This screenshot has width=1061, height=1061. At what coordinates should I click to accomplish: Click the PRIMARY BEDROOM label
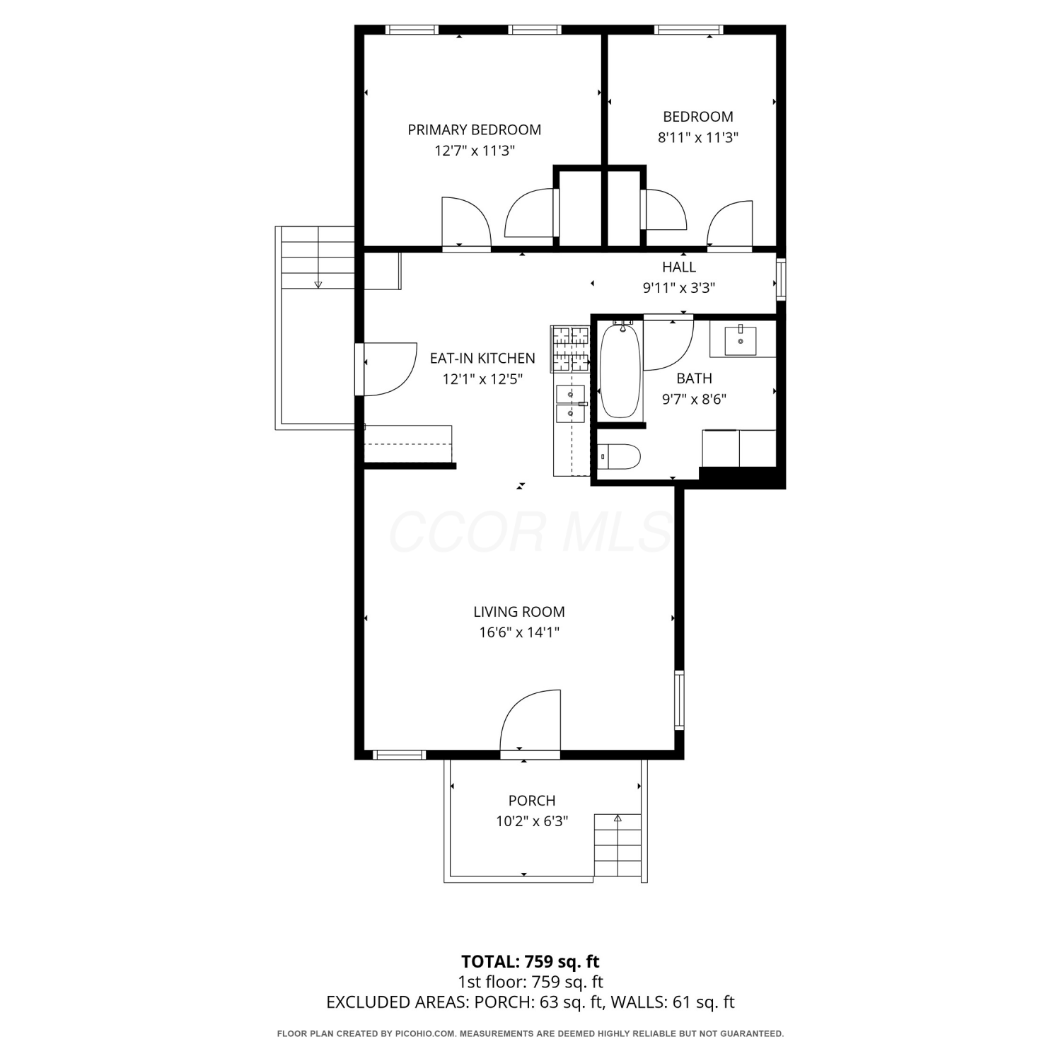pyautogui.click(x=474, y=129)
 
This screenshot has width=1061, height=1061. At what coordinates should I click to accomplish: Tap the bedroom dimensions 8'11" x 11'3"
pyautogui.click(x=698, y=137)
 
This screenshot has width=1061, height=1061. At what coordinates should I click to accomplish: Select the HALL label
pyautogui.click(x=679, y=267)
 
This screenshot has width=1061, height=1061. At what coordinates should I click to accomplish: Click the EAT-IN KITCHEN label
pyautogui.click(x=482, y=358)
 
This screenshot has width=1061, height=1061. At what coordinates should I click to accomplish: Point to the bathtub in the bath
pyautogui.click(x=620, y=370)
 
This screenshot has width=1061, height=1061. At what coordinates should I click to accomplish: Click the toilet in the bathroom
pyautogui.click(x=619, y=456)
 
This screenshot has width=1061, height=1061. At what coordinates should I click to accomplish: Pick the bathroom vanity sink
pyautogui.click(x=740, y=340)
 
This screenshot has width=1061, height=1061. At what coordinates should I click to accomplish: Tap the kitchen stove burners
pyautogui.click(x=571, y=349)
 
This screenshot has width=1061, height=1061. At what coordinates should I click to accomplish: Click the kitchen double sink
pyautogui.click(x=570, y=404)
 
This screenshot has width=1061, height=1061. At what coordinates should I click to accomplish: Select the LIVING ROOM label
pyautogui.click(x=519, y=612)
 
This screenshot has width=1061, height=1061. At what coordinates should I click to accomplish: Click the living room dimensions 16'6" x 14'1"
pyautogui.click(x=519, y=632)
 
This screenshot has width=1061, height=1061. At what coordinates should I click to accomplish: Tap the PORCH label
pyautogui.click(x=532, y=801)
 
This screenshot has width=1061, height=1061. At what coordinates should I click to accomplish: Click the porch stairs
pyautogui.click(x=618, y=846)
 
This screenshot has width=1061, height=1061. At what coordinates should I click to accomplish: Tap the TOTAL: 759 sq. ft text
pyautogui.click(x=530, y=961)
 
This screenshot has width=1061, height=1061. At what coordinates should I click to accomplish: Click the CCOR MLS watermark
pyautogui.click(x=530, y=532)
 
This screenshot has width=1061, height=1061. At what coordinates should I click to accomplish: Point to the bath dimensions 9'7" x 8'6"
pyautogui.click(x=694, y=399)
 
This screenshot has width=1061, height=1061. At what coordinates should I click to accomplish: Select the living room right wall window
pyautogui.click(x=679, y=700)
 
